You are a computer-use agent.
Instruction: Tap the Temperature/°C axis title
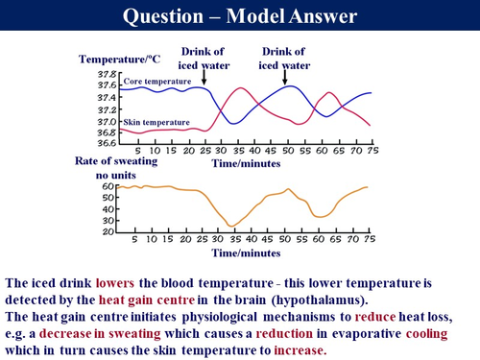119,60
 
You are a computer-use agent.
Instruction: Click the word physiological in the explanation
227,317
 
